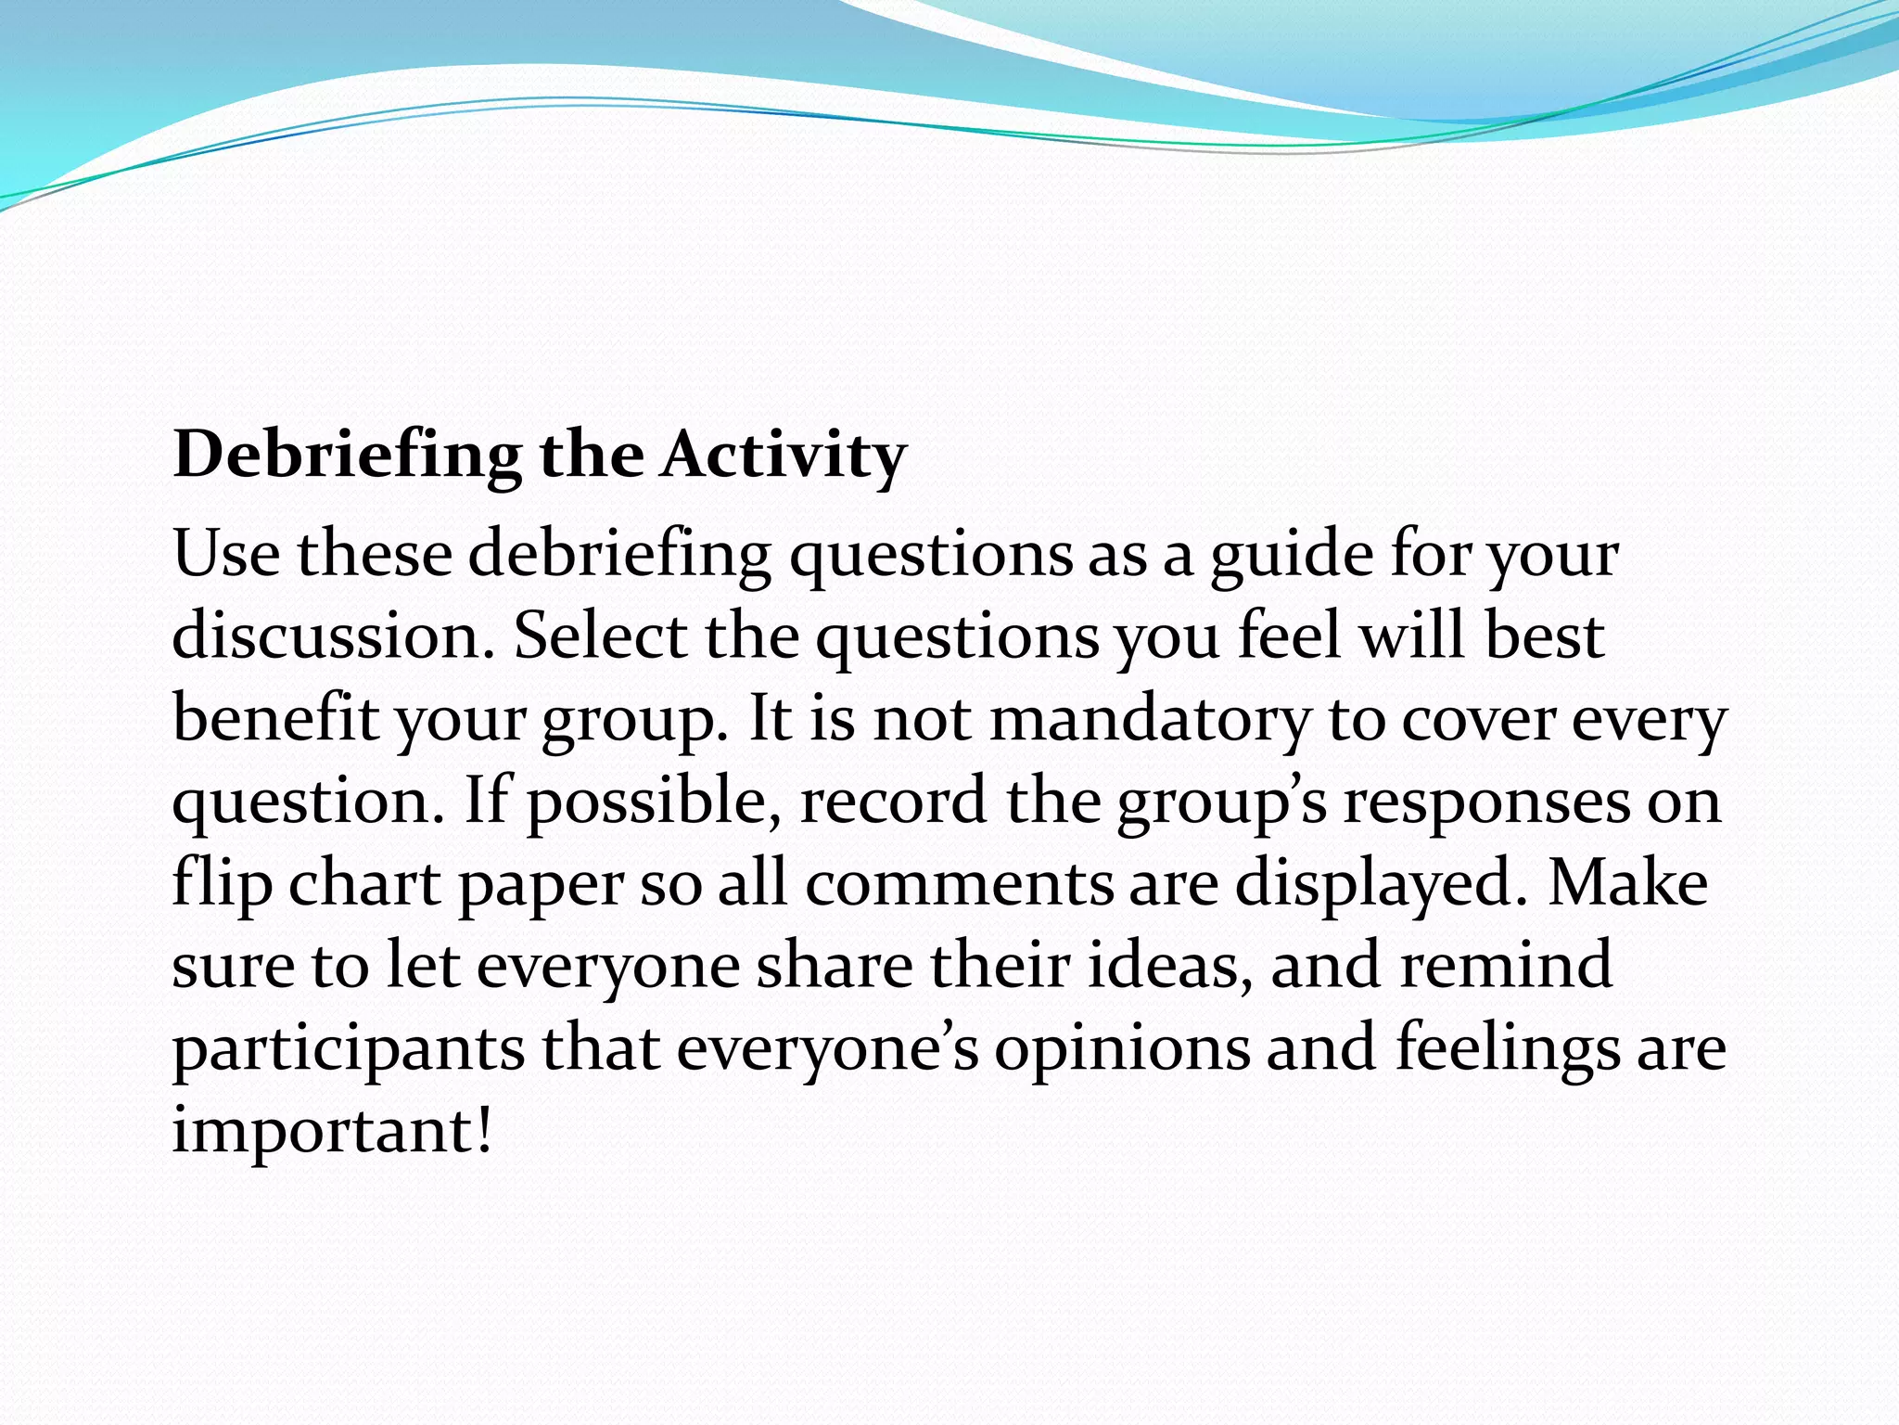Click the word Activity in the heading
[x=784, y=456]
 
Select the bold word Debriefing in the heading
[x=348, y=456]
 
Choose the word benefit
[x=275, y=719]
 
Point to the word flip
[x=222, y=884]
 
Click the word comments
[x=959, y=884]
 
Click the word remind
[x=1506, y=965]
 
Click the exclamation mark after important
[x=483, y=1130]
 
